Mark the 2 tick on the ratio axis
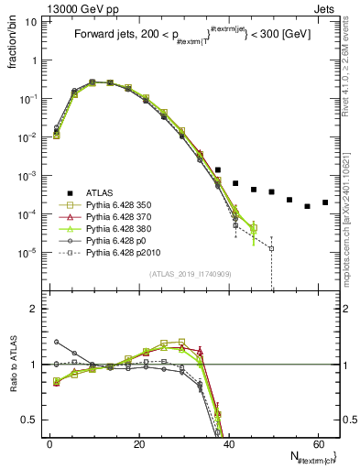pos(35,309)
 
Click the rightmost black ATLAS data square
pos(325,202)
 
